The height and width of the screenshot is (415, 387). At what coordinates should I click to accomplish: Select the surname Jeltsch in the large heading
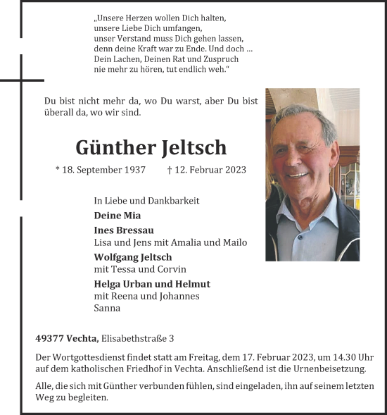(x=194, y=148)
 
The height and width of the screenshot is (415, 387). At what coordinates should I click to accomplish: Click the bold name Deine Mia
(x=117, y=216)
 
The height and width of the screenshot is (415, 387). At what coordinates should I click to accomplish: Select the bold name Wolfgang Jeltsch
(x=132, y=257)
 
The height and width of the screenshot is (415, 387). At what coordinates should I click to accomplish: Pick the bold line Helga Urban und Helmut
(x=151, y=284)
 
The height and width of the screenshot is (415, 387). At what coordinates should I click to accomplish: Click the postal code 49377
(x=49, y=339)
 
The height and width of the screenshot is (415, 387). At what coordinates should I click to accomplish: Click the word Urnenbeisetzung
(x=330, y=369)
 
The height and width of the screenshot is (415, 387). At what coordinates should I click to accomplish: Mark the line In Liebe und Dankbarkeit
(x=146, y=201)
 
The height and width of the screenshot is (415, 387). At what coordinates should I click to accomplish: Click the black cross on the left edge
(x=21, y=81)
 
